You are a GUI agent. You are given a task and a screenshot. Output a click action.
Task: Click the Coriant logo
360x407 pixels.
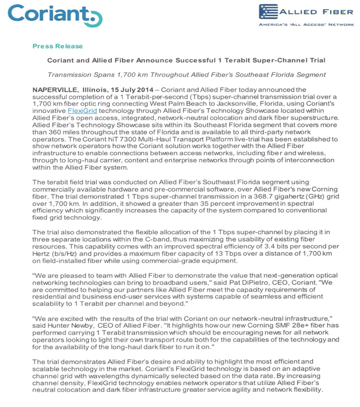click(55, 15)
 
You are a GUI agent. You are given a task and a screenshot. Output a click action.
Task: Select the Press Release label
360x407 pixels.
click(57, 46)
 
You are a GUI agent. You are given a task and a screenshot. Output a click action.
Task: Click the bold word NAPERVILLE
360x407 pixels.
click(55, 89)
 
